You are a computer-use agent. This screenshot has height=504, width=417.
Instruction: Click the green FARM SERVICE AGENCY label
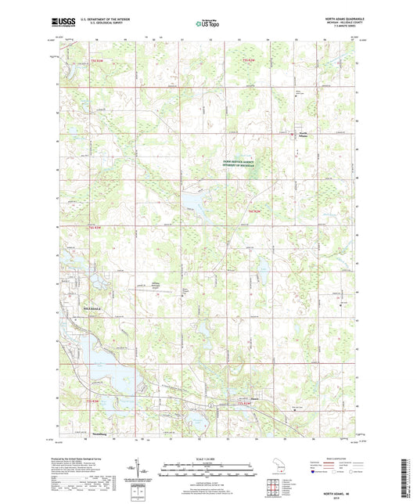click(x=243, y=163)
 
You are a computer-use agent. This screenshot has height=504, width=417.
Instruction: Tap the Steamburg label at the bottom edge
click(x=83, y=431)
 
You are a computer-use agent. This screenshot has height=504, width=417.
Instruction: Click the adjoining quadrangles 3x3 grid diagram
click(x=274, y=484)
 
